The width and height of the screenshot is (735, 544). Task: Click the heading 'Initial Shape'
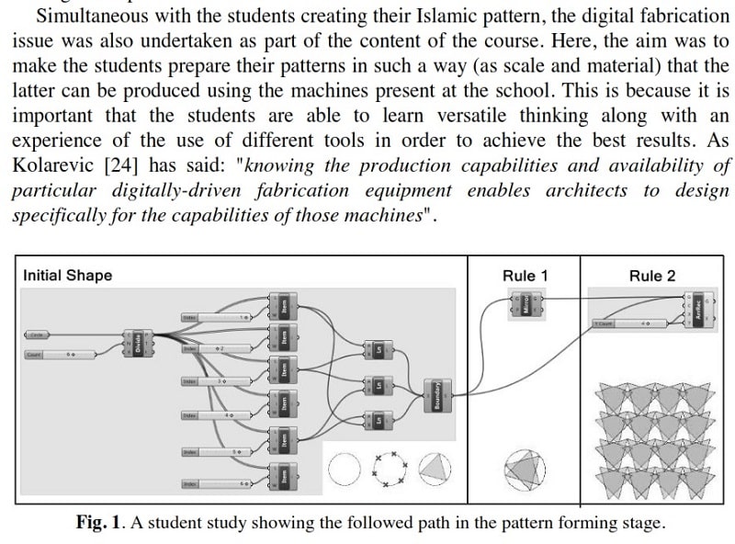pyautogui.click(x=67, y=276)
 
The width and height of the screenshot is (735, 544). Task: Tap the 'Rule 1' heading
pyautogui.click(x=525, y=276)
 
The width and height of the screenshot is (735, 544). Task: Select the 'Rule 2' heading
pyautogui.click(x=651, y=276)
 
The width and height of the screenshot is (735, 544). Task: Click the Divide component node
pyautogui.click(x=138, y=344)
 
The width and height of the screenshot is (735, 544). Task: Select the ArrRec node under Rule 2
pyautogui.click(x=698, y=311)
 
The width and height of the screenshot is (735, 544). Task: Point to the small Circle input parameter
pyautogui.click(x=38, y=335)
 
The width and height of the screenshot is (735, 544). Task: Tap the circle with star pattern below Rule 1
pyautogui.click(x=525, y=466)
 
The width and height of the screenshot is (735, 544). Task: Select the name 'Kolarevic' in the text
pyautogui.click(x=47, y=165)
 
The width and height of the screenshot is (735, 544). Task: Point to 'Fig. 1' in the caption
pyautogui.click(x=98, y=523)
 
